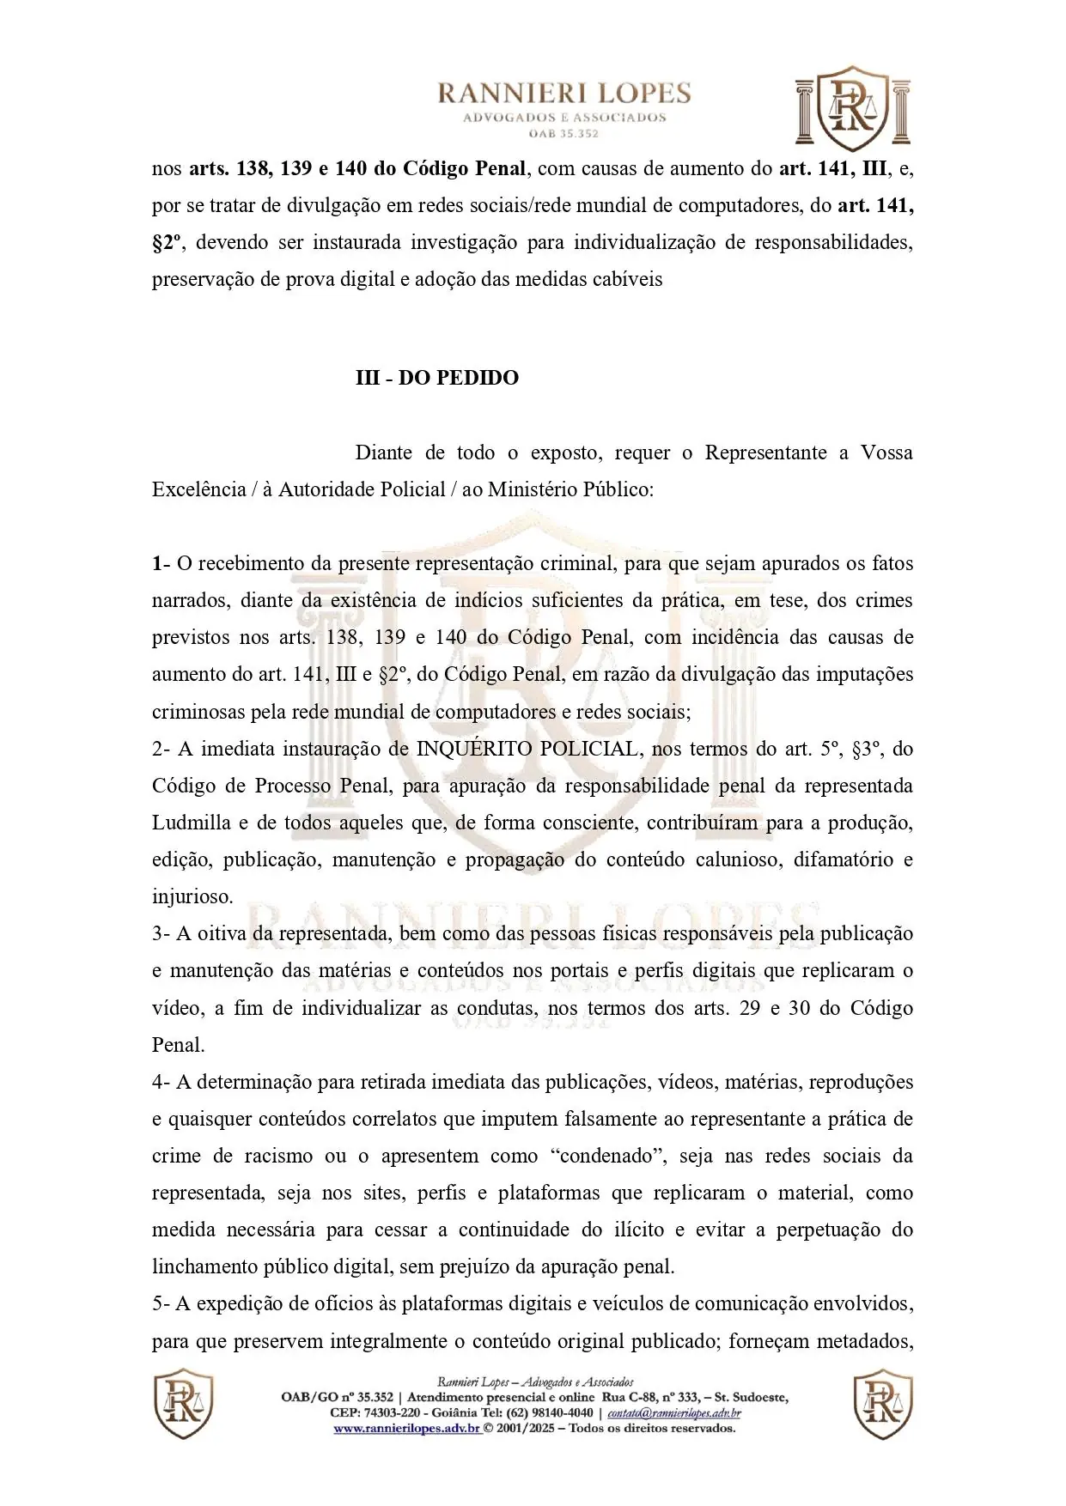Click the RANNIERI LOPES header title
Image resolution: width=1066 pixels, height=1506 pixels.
(x=564, y=94)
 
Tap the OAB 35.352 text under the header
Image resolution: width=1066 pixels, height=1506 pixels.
(x=564, y=134)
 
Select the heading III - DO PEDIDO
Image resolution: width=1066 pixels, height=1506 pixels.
(x=437, y=378)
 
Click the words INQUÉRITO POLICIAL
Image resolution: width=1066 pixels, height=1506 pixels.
(x=527, y=749)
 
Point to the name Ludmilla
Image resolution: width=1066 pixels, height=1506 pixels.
(x=191, y=823)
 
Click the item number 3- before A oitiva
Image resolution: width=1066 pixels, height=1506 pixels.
(x=161, y=934)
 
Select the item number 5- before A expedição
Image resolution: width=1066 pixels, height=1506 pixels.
(x=161, y=1304)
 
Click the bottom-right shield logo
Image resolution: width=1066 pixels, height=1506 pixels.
(x=882, y=1404)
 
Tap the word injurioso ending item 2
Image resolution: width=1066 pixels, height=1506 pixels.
(x=192, y=897)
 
